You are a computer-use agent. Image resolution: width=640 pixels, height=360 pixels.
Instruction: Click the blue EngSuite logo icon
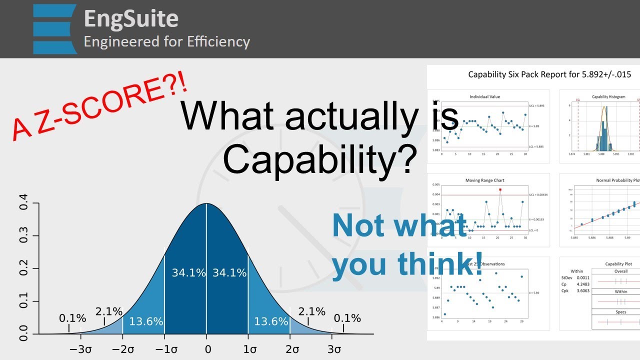point(54,29)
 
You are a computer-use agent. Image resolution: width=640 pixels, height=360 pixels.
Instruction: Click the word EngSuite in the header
point(131,19)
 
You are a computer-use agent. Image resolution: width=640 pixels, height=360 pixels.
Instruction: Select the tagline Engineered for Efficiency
point(166,41)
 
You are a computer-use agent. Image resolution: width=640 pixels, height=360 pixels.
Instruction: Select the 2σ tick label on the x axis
point(292,348)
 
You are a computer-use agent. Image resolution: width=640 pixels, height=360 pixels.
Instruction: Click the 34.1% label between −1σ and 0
point(188,273)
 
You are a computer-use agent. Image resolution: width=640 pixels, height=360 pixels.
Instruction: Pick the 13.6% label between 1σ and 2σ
point(270,321)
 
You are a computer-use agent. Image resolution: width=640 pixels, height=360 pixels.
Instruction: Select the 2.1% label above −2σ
point(109,311)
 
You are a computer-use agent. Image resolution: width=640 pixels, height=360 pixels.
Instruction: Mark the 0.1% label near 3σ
point(347,318)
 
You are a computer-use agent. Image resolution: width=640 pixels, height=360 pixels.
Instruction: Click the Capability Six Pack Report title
point(549,74)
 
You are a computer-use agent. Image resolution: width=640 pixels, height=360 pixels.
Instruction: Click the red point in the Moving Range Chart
point(500,190)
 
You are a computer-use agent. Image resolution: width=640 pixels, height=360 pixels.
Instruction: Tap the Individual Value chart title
point(484,96)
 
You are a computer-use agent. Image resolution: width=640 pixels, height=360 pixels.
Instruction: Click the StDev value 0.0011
point(583,277)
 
